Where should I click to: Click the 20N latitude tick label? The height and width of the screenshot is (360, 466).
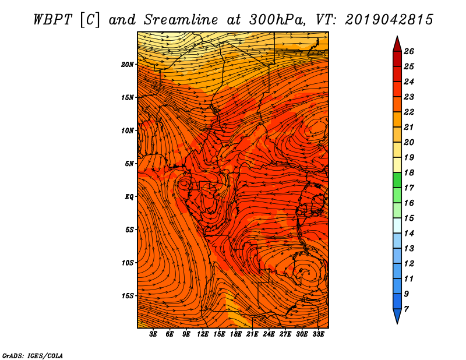128,65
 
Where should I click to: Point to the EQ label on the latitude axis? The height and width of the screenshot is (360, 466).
129,197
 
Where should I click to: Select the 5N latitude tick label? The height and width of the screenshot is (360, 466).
129,164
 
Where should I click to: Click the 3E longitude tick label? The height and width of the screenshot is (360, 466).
153,334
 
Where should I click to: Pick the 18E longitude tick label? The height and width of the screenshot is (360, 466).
236,334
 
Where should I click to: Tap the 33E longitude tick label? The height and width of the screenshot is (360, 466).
318,334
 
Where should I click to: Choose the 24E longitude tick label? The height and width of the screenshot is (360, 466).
269,334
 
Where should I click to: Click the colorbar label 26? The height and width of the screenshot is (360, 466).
409,51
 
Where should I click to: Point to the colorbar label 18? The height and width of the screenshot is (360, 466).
409,172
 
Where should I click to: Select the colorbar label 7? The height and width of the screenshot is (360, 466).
406,309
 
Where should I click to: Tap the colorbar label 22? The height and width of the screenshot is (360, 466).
409,112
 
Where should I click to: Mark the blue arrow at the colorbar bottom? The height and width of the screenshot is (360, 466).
397,315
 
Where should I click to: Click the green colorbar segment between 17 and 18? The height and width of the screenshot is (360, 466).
397,180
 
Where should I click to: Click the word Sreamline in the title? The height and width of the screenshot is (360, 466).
181,20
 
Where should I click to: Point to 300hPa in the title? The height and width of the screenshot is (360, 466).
277,20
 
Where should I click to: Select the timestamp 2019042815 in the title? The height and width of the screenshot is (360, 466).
389,20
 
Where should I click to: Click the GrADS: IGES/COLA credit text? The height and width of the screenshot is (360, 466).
33,355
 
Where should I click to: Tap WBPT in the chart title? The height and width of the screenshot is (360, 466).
52,20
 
